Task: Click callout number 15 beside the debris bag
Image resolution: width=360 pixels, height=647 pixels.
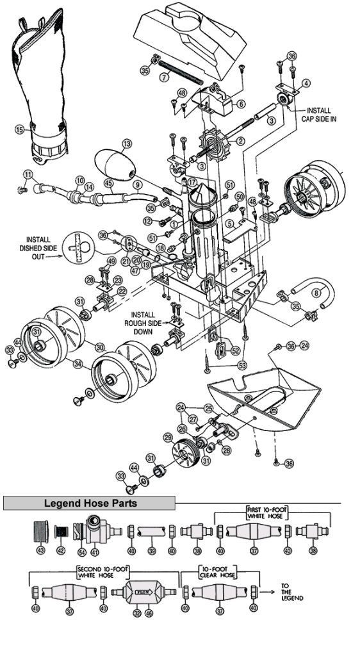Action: tap(19, 129)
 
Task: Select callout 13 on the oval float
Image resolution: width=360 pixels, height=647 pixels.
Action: tap(127, 143)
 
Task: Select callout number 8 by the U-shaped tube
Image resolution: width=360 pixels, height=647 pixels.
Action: tap(315, 294)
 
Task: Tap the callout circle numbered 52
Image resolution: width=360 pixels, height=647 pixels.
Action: tap(235, 350)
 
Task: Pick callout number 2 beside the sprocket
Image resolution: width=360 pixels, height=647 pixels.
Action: tap(241, 141)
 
